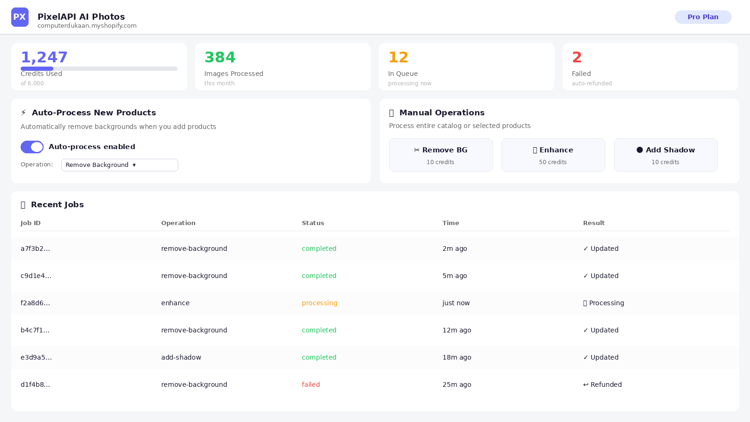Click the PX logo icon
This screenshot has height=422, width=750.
[x=20, y=17]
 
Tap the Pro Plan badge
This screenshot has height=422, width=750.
[x=703, y=17]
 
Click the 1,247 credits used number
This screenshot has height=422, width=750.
[x=44, y=57]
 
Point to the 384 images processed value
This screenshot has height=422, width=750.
[x=220, y=57]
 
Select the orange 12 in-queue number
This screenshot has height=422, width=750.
[x=398, y=57]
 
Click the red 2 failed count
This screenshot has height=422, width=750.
[x=577, y=57]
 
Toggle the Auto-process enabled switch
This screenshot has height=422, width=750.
[x=32, y=147]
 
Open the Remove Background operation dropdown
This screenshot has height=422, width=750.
[x=120, y=165]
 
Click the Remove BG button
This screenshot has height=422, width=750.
[x=441, y=155]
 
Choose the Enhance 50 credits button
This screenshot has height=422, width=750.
[x=553, y=155]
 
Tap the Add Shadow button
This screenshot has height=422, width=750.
[x=666, y=155]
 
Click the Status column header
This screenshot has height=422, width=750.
[x=313, y=223]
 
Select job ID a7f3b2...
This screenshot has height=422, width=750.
[x=35, y=249]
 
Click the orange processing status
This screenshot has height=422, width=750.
[x=319, y=303]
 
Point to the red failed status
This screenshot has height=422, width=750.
[x=311, y=384]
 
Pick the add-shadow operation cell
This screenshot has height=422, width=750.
[x=181, y=357]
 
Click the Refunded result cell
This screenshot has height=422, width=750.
[x=602, y=384]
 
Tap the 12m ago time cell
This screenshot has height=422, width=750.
[x=457, y=330]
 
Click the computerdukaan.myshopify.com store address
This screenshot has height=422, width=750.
[x=87, y=26]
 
